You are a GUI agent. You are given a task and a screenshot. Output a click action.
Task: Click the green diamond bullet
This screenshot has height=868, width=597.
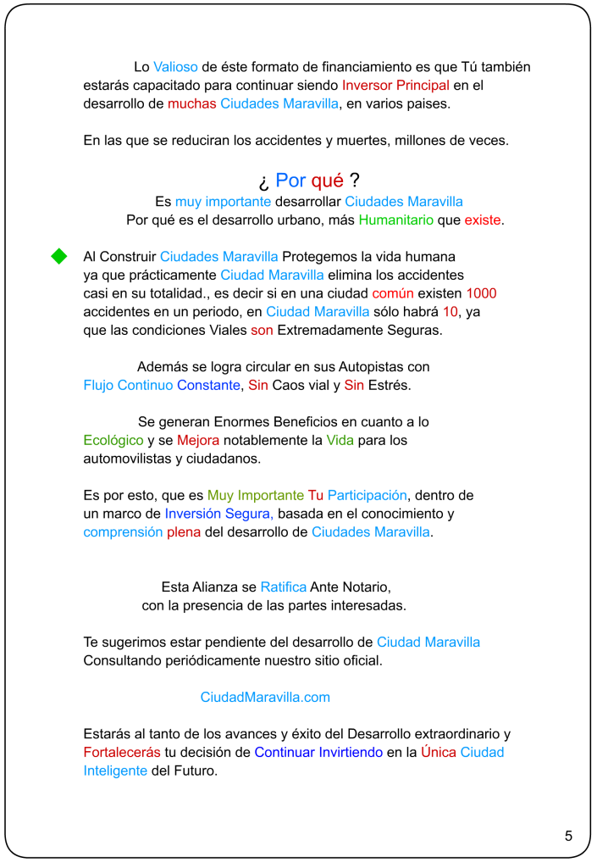[x=59, y=256]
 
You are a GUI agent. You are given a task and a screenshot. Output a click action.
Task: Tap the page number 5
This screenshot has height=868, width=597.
[x=568, y=836]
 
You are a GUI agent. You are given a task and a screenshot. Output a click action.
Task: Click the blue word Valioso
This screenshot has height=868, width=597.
[x=176, y=67]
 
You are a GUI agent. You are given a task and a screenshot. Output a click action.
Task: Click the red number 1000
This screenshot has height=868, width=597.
[x=481, y=293]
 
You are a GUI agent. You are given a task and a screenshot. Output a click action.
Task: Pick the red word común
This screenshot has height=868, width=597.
[x=393, y=293]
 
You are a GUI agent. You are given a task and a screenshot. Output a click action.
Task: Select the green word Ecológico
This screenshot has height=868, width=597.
[x=113, y=441]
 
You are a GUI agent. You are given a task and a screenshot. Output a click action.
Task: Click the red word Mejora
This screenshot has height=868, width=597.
[x=198, y=441]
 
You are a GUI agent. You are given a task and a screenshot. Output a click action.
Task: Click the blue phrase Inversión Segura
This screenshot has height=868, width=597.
[x=218, y=514]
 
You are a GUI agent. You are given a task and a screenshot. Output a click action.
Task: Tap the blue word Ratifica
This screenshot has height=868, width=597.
[x=283, y=587]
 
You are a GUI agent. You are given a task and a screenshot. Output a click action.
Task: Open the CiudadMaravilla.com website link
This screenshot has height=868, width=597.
[x=265, y=698]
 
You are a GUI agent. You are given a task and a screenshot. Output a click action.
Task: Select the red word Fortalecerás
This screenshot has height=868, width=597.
[x=124, y=753]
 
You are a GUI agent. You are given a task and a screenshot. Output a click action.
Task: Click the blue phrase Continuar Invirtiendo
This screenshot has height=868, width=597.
[x=318, y=753]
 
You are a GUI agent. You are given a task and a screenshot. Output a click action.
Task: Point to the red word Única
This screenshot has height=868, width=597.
[x=439, y=753]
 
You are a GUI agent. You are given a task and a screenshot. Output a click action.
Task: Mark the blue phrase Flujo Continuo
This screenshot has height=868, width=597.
[x=128, y=386]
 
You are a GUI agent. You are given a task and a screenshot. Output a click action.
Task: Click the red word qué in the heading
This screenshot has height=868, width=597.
[x=328, y=181]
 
